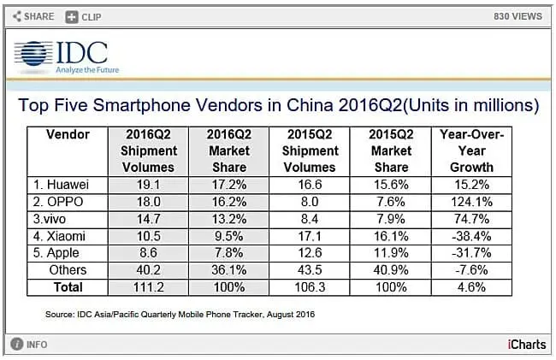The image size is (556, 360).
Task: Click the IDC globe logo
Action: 32,55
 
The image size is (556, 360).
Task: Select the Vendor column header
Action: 68,134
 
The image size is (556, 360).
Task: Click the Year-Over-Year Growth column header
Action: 472,150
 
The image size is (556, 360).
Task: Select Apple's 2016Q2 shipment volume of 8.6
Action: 149,253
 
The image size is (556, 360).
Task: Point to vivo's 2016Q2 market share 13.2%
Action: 228,218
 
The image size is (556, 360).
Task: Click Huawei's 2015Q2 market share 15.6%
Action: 391,183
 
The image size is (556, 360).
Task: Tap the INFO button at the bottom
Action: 30,345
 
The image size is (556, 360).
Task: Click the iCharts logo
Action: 524,345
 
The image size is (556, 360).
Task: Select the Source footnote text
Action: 180,315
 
